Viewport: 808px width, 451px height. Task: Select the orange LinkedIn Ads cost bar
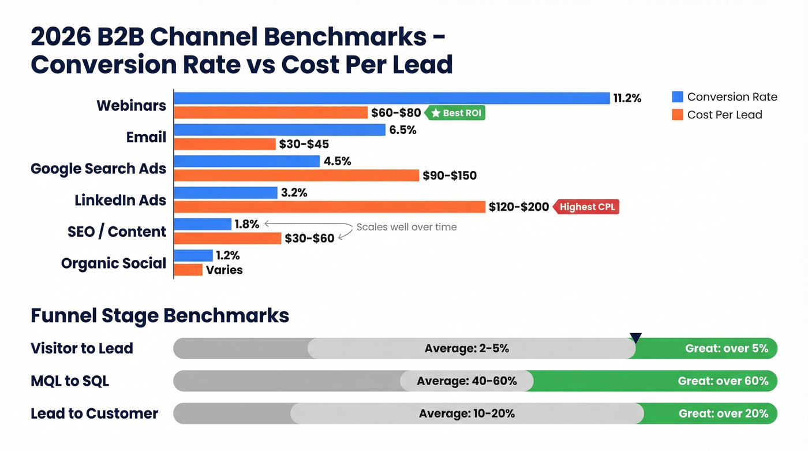329,207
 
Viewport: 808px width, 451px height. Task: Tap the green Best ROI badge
455,113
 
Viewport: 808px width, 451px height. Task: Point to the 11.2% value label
627,98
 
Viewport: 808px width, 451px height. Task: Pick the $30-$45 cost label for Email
304,144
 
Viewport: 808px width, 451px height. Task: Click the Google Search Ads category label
98,169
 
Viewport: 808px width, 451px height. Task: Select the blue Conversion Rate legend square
678,97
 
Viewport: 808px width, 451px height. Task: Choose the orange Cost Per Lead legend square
678,114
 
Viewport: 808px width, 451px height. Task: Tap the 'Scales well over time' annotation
406,227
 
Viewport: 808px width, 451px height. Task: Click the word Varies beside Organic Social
225,270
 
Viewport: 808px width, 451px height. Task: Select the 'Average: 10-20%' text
466,413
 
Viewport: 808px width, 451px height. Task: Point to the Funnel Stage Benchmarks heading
160,316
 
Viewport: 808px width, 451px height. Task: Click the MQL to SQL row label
70,381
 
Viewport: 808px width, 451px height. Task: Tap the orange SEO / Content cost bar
227,238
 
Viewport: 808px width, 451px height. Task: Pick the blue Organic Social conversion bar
193,255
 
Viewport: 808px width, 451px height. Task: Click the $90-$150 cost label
450,176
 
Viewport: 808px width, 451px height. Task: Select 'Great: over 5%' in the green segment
726,349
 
